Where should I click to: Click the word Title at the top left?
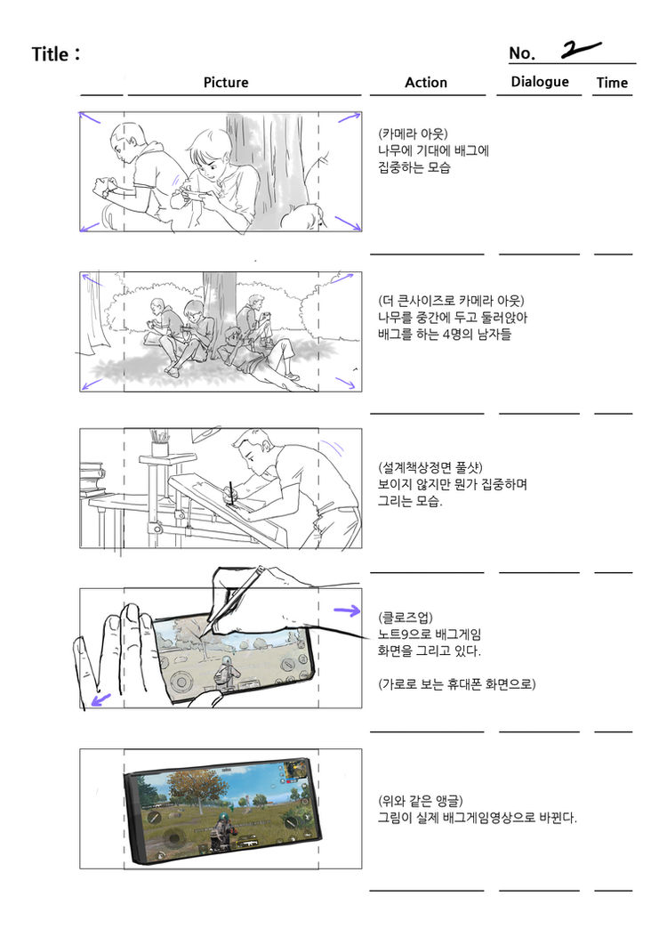coord(50,54)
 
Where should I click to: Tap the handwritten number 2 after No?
coord(580,50)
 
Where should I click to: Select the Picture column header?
coord(226,83)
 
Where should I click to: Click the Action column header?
coord(426,83)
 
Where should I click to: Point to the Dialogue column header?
coord(540,82)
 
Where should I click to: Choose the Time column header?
coord(612,83)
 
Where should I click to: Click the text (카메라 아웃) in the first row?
coord(413,133)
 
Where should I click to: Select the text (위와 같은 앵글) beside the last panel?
coord(421,801)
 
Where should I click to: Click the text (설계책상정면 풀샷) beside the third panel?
coord(430,468)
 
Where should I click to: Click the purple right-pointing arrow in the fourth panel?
coord(347,611)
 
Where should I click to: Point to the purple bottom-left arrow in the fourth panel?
coord(100,699)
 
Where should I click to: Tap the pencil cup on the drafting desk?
coord(160,443)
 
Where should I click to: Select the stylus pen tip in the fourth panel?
coord(203,634)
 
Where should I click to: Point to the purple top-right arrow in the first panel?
coord(349,117)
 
